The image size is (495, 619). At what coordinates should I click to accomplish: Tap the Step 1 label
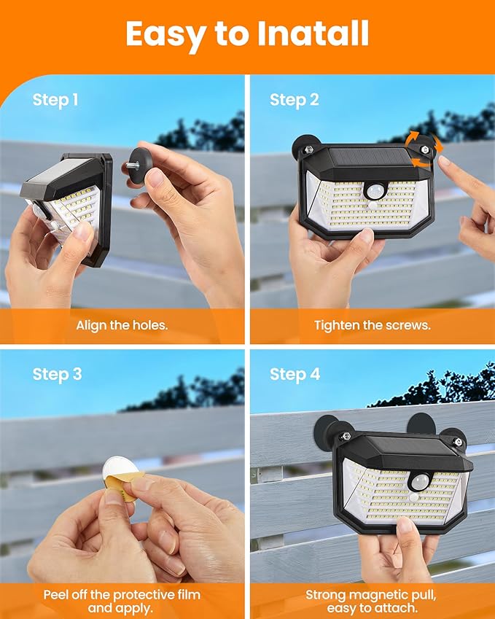tap(55, 100)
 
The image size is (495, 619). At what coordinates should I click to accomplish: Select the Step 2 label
tap(295, 100)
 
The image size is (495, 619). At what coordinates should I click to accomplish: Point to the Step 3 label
tap(57, 374)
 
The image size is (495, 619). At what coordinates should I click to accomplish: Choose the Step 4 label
tap(295, 374)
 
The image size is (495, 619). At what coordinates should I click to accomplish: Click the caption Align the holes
tap(122, 325)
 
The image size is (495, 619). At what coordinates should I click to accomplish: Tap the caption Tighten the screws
tap(372, 325)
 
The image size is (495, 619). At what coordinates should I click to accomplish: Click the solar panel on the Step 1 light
tap(58, 177)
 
